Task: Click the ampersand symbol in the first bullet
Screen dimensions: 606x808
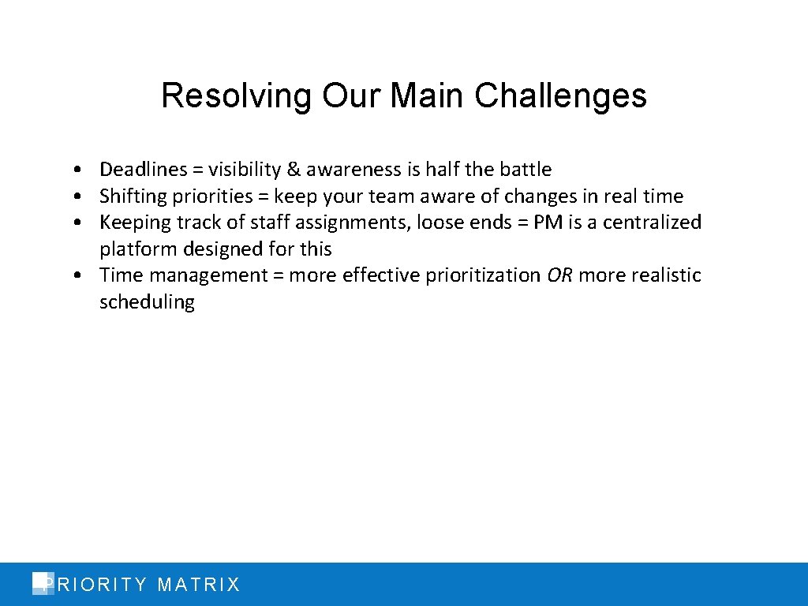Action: point(294,170)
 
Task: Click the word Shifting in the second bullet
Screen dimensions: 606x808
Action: point(131,196)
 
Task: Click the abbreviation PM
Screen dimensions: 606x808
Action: point(548,223)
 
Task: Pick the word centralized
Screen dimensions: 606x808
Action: point(652,223)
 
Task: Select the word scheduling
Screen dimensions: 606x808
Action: point(147,302)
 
